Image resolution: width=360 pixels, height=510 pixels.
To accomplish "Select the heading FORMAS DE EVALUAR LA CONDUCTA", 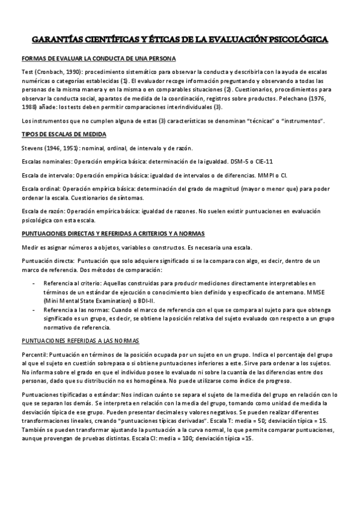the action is coord(99,59).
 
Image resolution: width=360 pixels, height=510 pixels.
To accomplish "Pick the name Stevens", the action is coord(33,149).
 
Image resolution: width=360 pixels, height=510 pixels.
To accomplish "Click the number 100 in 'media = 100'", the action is coord(196,438).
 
